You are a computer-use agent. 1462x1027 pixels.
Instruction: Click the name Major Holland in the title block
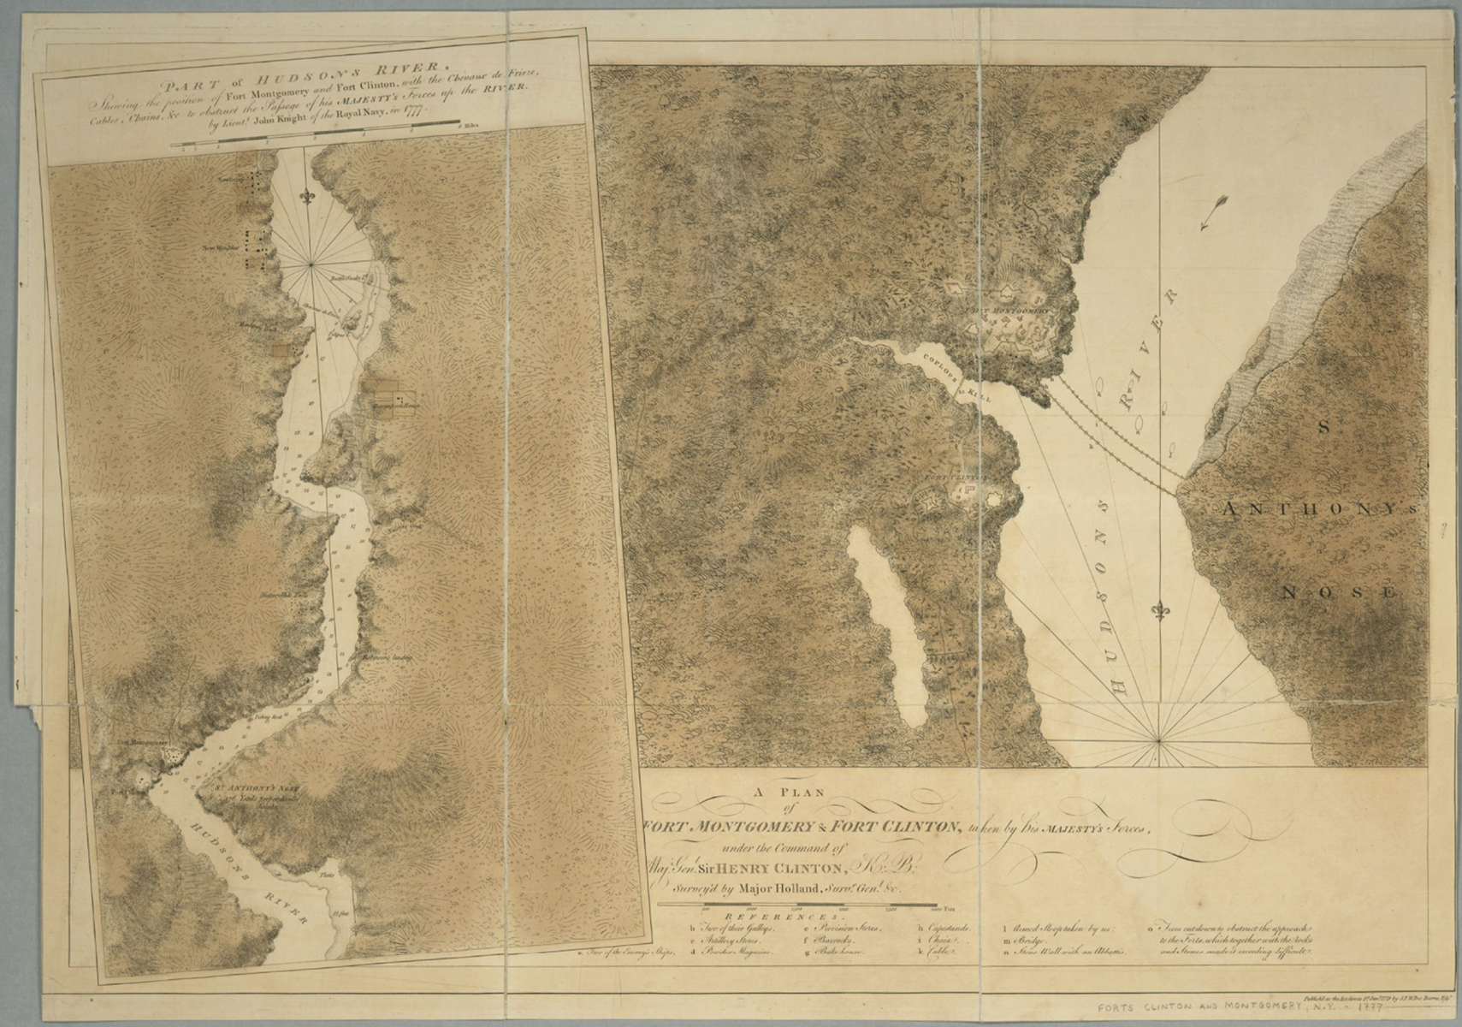coord(780,887)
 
